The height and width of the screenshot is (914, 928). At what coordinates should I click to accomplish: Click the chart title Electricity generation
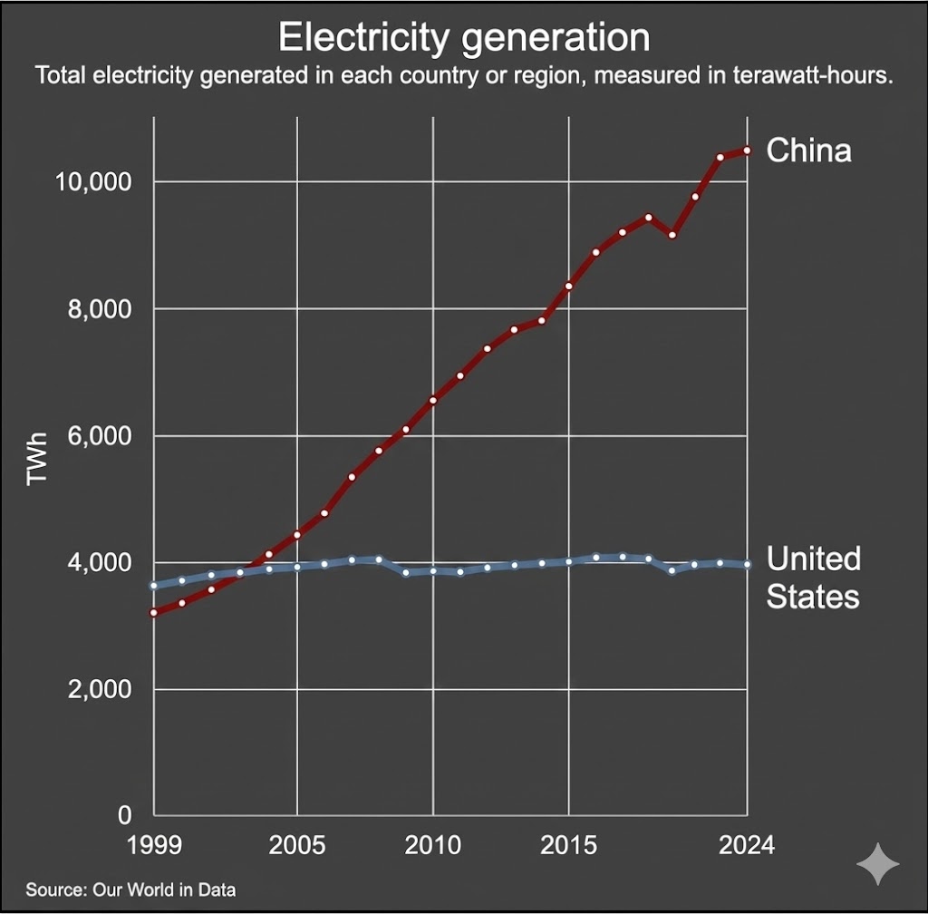pyautogui.click(x=463, y=38)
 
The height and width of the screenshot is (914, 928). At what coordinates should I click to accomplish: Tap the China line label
pyautogui.click(x=808, y=150)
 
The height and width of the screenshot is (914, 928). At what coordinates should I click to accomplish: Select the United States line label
pyautogui.click(x=813, y=578)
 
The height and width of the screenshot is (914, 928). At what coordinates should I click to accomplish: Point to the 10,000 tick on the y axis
pyautogui.click(x=94, y=182)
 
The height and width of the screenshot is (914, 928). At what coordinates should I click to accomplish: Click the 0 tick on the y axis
pyautogui.click(x=125, y=816)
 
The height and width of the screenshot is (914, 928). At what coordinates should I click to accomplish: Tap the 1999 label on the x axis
pyautogui.click(x=155, y=846)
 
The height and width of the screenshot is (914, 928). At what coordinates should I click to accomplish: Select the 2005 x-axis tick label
pyautogui.click(x=297, y=846)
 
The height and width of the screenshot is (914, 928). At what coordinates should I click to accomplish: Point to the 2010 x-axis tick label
pyautogui.click(x=433, y=846)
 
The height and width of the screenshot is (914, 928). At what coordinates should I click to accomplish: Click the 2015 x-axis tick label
pyautogui.click(x=569, y=846)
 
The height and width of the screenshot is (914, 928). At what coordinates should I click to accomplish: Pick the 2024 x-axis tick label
pyautogui.click(x=747, y=846)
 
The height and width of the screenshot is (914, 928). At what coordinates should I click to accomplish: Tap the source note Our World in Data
pyautogui.click(x=130, y=890)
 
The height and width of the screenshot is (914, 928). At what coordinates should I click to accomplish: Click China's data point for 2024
pyautogui.click(x=747, y=151)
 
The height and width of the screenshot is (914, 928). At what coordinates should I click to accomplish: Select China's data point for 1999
pyautogui.click(x=155, y=613)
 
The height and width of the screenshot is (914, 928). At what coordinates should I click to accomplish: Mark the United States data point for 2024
pyautogui.click(x=747, y=564)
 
